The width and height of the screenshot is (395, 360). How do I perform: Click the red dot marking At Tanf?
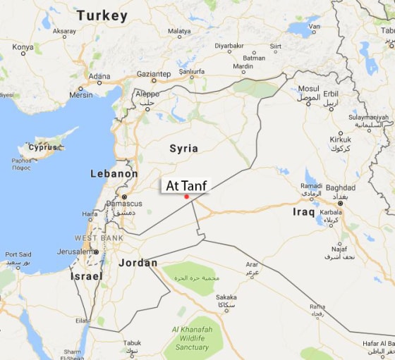pos(186,197)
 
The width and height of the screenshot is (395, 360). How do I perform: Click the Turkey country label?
pos(102,15)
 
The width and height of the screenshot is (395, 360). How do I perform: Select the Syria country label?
pos(183,148)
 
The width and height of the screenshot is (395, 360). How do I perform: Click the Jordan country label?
pos(138,263)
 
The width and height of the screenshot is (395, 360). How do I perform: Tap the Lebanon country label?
pos(114,173)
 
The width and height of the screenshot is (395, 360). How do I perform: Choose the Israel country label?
pos(86,277)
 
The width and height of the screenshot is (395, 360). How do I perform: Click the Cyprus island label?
pos(42,147)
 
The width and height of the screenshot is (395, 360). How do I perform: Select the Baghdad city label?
pos(341,188)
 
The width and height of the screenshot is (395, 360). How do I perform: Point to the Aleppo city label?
pos(147,94)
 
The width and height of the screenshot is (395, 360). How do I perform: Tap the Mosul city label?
pos(308,89)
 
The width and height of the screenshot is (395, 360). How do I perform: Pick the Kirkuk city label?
pos(340,139)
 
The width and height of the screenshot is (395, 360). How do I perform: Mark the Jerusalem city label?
pos(75,252)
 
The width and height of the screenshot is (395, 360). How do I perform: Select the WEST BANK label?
pos(99,238)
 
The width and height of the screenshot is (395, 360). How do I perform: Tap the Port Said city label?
pos(18,254)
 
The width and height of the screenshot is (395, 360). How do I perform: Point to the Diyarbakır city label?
pos(229,46)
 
